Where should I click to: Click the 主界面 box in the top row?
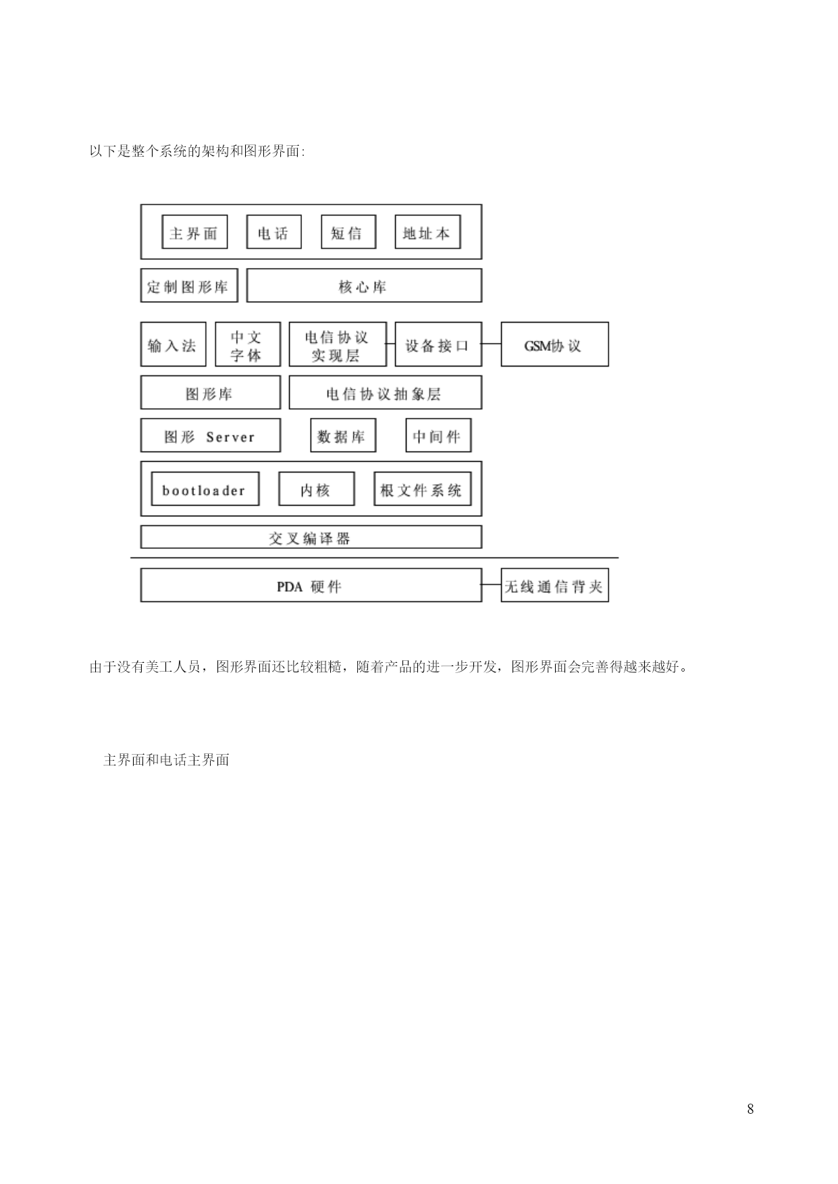[194, 232]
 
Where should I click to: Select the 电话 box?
[273, 232]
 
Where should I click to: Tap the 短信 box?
[348, 232]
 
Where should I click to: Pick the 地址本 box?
[427, 232]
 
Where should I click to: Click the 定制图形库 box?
[189, 286]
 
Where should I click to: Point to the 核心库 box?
[364, 286]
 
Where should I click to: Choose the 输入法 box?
[173, 344]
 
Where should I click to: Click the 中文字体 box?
[248, 344]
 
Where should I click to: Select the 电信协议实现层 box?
[338, 344]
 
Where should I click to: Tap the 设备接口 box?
[438, 344]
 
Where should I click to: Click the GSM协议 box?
[554, 344]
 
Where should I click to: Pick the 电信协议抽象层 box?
[386, 393]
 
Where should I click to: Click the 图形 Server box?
[211, 435]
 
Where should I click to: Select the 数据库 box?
[343, 435]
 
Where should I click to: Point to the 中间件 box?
[438, 435]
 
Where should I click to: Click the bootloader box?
[205, 489]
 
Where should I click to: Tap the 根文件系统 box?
[422, 489]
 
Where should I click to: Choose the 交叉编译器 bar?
[311, 537]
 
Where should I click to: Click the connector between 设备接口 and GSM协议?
[492, 344]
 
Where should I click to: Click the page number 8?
[750, 1109]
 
